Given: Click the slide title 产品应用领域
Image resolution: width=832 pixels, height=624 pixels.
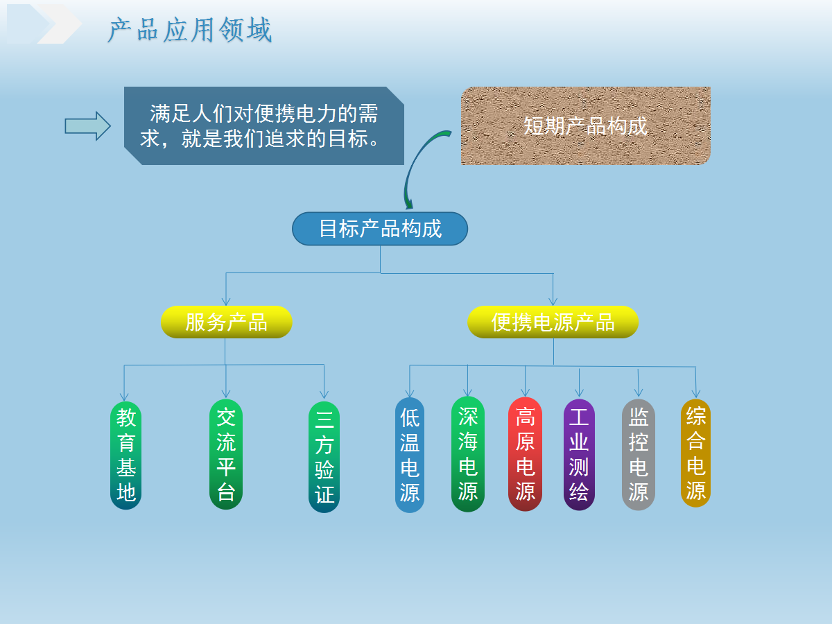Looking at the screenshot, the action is click(x=189, y=30).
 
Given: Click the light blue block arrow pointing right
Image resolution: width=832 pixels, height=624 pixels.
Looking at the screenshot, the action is click(x=88, y=126).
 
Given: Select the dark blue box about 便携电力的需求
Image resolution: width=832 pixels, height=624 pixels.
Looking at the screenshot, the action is click(x=264, y=125).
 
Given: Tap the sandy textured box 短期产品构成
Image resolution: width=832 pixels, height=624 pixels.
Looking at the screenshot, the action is click(x=586, y=125).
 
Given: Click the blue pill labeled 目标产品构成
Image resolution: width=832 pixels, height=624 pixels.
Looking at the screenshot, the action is click(x=380, y=229).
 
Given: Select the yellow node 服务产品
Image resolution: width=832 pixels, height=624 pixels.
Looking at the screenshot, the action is click(x=226, y=322).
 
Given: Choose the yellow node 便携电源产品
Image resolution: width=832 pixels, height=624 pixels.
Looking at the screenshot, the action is click(x=553, y=322).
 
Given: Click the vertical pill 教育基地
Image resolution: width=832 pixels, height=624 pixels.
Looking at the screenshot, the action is click(x=126, y=456).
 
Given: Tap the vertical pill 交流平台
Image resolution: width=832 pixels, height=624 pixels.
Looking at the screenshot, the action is click(x=226, y=454).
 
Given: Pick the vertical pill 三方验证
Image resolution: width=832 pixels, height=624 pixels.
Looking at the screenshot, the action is click(x=324, y=457).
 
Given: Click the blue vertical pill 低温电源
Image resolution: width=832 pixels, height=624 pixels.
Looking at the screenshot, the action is click(x=410, y=455).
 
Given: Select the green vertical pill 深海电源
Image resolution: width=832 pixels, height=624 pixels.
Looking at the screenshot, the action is click(x=468, y=454).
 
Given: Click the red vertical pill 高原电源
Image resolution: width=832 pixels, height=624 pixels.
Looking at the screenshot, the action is click(x=525, y=454).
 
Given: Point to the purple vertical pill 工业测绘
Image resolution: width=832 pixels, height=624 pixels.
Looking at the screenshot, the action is click(x=579, y=455).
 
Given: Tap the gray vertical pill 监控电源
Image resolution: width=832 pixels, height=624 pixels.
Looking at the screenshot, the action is click(x=639, y=455).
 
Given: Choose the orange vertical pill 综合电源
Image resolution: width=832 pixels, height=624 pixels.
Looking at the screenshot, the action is click(x=696, y=453).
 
